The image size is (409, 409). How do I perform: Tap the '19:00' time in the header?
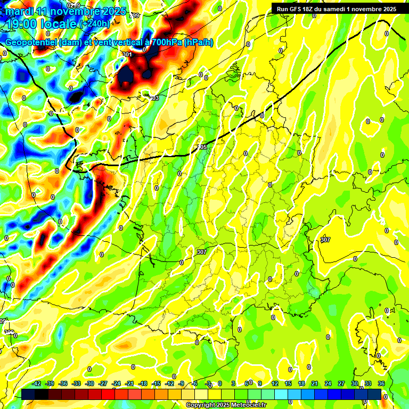pyautogui.click(x=21, y=23)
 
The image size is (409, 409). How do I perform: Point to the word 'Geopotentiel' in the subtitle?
pyautogui.click(x=31, y=43)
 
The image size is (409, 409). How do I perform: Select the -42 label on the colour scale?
pyautogui.click(x=37, y=383)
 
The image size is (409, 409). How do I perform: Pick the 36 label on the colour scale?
pyautogui.click(x=381, y=383)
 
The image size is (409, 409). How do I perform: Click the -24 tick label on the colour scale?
pyautogui.click(x=116, y=383)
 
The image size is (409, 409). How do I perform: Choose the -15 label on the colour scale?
pyautogui.click(x=156, y=383)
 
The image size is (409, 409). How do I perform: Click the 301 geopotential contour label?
pyautogui.click(x=127, y=54)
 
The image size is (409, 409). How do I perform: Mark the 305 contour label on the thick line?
pyautogui.click(x=202, y=147)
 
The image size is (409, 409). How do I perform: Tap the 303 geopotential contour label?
pyautogui.click(x=154, y=98)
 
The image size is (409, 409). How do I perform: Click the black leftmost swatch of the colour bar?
pyautogui.click(x=28, y=394)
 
